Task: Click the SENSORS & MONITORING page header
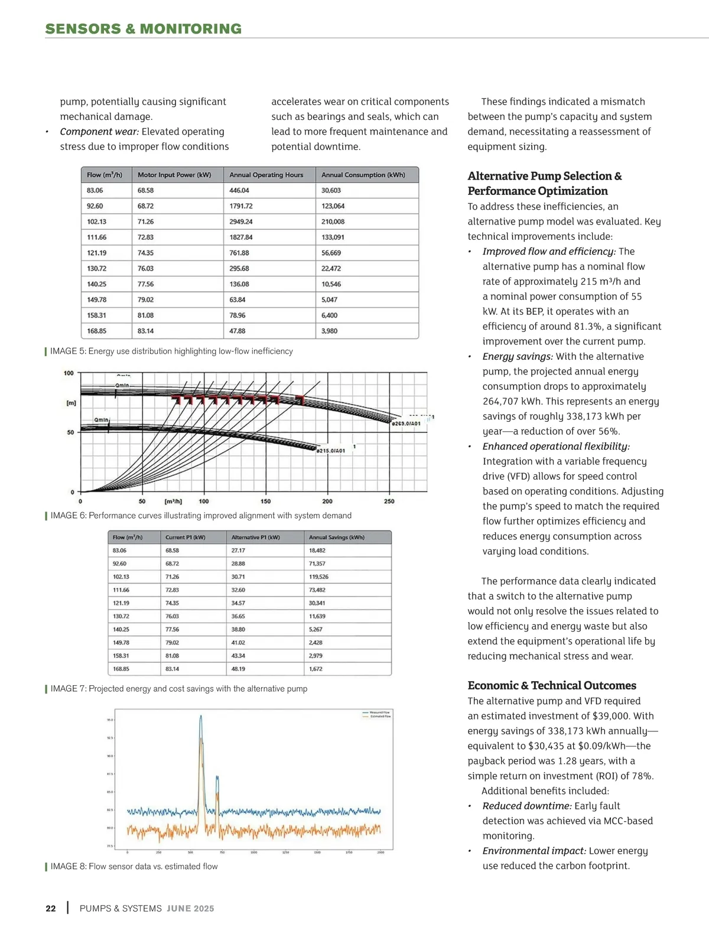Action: click(144, 29)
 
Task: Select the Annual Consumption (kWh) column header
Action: click(363, 175)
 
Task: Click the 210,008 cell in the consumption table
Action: click(333, 222)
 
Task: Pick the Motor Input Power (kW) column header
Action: click(174, 175)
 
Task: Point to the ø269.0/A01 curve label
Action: click(406, 424)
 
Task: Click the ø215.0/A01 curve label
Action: click(330, 451)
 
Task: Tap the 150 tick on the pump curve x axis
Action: click(265, 502)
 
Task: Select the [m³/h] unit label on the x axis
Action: click(173, 502)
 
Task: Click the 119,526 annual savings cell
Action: click(318, 577)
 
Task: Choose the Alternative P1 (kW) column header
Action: click(255, 538)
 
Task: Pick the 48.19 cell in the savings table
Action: click(238, 669)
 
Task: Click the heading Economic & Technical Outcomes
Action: click(552, 685)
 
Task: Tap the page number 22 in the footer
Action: click(51, 909)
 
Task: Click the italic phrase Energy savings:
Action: click(518, 356)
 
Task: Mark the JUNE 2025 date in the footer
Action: click(190, 909)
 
